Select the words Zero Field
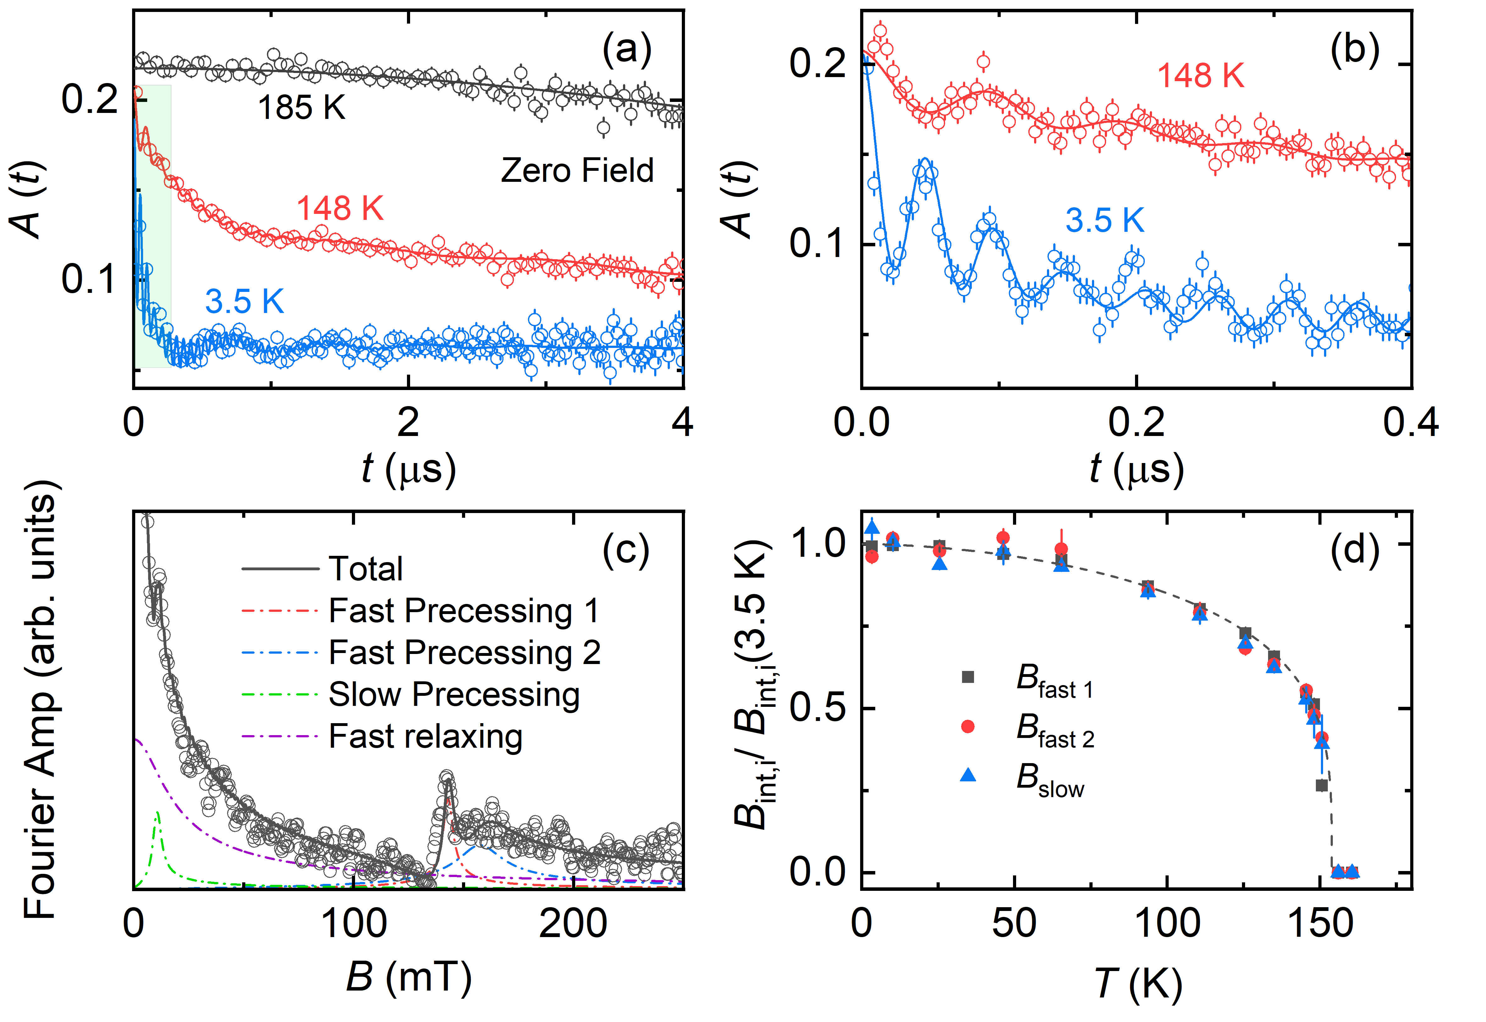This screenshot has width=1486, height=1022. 577,170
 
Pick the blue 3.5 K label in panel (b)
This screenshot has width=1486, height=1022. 1105,220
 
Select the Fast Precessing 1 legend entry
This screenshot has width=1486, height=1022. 464,610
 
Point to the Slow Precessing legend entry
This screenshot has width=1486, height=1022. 454,694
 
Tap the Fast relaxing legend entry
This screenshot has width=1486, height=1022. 425,736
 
